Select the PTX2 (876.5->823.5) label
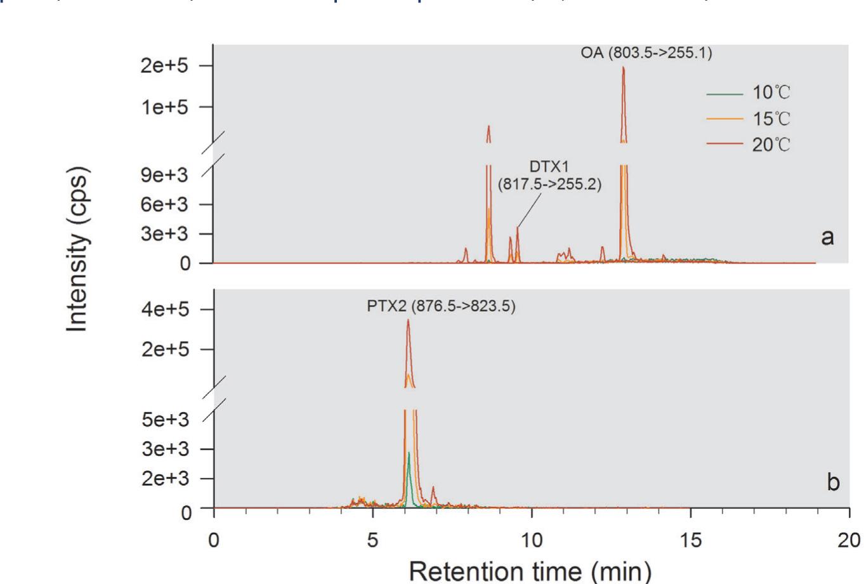441,307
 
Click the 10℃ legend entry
771,93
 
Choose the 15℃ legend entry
771,119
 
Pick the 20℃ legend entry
771,145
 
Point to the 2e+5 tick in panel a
167,66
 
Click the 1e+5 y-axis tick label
167,107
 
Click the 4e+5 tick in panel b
167,309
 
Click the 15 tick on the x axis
690,540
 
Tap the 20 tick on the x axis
849,540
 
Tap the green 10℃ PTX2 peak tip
409,453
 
